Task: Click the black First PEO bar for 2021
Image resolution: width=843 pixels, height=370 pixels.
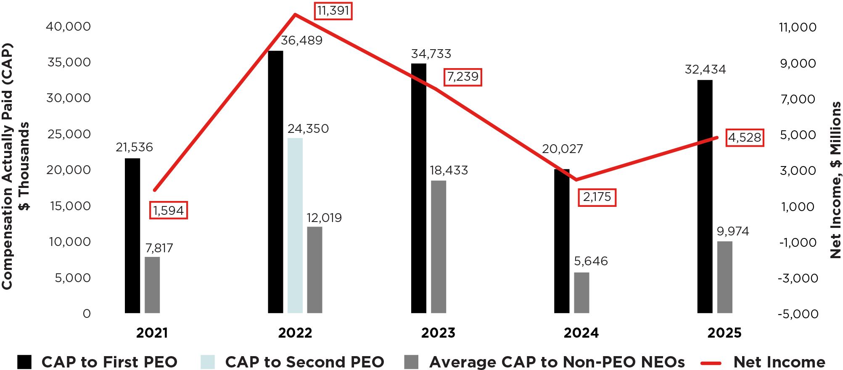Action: click(132, 235)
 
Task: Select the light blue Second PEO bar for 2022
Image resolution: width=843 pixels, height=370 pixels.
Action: click(295, 225)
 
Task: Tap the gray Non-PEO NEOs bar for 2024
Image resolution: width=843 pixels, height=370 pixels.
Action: click(581, 293)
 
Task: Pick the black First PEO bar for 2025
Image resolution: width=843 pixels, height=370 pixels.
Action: click(705, 196)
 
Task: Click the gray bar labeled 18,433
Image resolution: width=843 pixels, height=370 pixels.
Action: click(439, 247)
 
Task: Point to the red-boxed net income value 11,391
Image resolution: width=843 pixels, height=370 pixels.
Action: click(333, 11)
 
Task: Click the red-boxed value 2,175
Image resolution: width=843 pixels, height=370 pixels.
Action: click(597, 197)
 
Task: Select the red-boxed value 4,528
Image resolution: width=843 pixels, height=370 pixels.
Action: click(745, 137)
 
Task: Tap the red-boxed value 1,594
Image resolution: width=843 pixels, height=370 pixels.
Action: click(168, 210)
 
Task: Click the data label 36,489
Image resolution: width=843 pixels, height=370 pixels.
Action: click(301, 40)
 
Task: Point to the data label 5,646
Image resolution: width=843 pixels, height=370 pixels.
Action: click(591, 261)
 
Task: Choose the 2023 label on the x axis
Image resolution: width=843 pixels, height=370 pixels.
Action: click(438, 333)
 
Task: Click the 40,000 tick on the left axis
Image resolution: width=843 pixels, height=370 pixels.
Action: click(68, 26)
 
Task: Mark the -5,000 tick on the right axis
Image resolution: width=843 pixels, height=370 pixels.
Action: click(798, 314)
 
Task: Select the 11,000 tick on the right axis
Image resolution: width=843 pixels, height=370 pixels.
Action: click(798, 27)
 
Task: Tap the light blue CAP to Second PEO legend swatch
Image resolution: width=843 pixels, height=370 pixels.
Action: click(208, 362)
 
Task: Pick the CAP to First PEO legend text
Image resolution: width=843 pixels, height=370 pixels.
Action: click(109, 362)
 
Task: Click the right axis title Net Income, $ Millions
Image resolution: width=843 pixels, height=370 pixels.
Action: click(835, 180)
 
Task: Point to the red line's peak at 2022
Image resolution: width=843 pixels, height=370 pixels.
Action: click(295, 14)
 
